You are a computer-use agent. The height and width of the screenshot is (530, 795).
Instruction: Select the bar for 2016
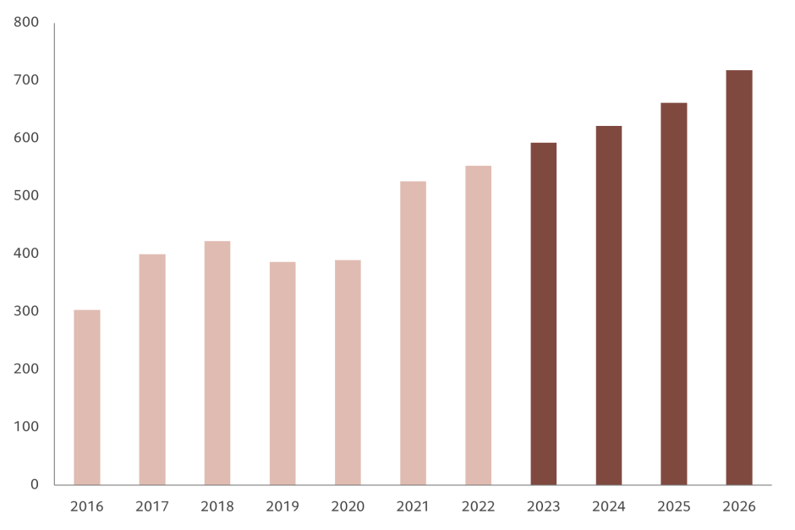point(87,397)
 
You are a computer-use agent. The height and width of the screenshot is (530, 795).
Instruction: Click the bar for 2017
point(152,369)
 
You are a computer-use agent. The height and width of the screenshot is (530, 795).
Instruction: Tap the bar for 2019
point(282,373)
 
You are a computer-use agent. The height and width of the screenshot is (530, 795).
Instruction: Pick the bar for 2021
point(413,333)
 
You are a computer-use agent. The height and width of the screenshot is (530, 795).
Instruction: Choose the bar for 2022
point(478,325)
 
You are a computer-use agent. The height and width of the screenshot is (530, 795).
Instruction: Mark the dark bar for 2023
point(544,314)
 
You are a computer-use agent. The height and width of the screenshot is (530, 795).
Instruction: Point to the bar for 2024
point(609,305)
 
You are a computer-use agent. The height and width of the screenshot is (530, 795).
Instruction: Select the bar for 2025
point(674,293)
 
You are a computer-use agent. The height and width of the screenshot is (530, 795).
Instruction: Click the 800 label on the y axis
point(27,22)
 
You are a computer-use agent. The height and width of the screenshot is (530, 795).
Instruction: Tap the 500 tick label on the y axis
point(27,195)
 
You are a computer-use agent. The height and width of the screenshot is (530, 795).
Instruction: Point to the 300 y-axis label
point(27,311)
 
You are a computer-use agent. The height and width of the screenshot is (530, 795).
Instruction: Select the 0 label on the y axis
point(35,484)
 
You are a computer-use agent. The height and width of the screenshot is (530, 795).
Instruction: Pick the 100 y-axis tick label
point(27,427)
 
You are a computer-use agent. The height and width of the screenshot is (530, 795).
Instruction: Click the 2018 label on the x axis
point(217,507)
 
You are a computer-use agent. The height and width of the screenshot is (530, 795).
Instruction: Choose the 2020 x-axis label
point(348,507)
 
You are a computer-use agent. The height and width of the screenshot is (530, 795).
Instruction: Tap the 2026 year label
point(739,507)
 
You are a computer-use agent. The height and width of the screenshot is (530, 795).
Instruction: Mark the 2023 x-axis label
point(544,507)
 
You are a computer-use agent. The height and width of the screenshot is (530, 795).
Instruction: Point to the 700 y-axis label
point(27,79)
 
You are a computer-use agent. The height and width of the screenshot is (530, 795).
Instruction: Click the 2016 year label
point(87,507)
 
